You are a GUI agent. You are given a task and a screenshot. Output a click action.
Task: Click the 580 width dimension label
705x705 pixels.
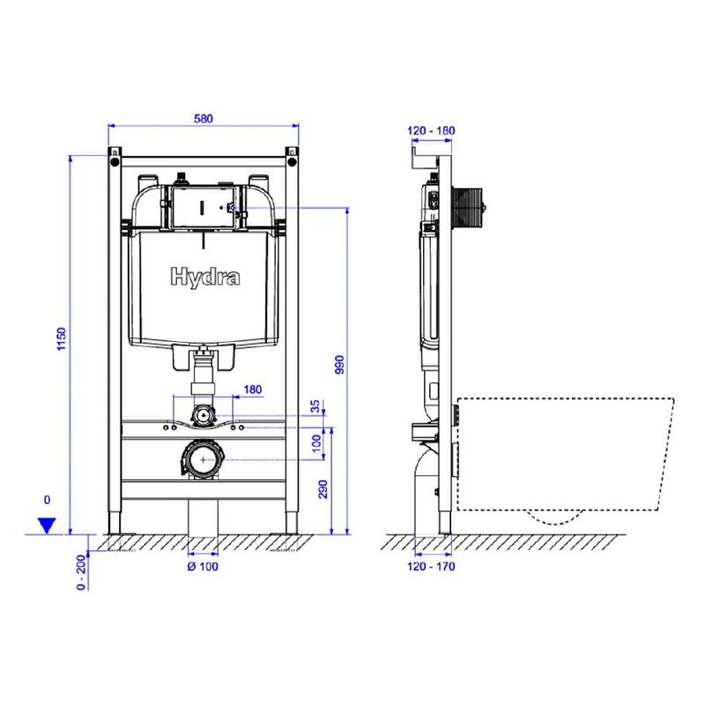coord(204,119)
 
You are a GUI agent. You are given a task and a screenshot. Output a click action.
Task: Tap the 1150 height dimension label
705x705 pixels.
coord(61,339)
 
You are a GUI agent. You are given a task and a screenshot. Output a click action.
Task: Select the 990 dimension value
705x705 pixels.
coord(339,365)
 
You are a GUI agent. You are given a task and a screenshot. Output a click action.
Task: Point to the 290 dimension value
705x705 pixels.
coord(323,489)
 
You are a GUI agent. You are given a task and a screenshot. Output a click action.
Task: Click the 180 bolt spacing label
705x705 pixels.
coord(253,390)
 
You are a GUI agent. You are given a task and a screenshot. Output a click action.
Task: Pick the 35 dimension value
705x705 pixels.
coord(315,406)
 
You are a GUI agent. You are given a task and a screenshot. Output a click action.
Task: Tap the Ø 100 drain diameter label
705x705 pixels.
coord(203,567)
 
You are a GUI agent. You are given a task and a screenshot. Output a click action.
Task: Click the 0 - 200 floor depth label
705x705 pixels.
coord(81,572)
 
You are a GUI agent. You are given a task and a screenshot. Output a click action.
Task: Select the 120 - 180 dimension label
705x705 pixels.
coord(431,130)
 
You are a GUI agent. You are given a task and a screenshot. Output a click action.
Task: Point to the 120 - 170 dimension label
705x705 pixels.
coord(431,567)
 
